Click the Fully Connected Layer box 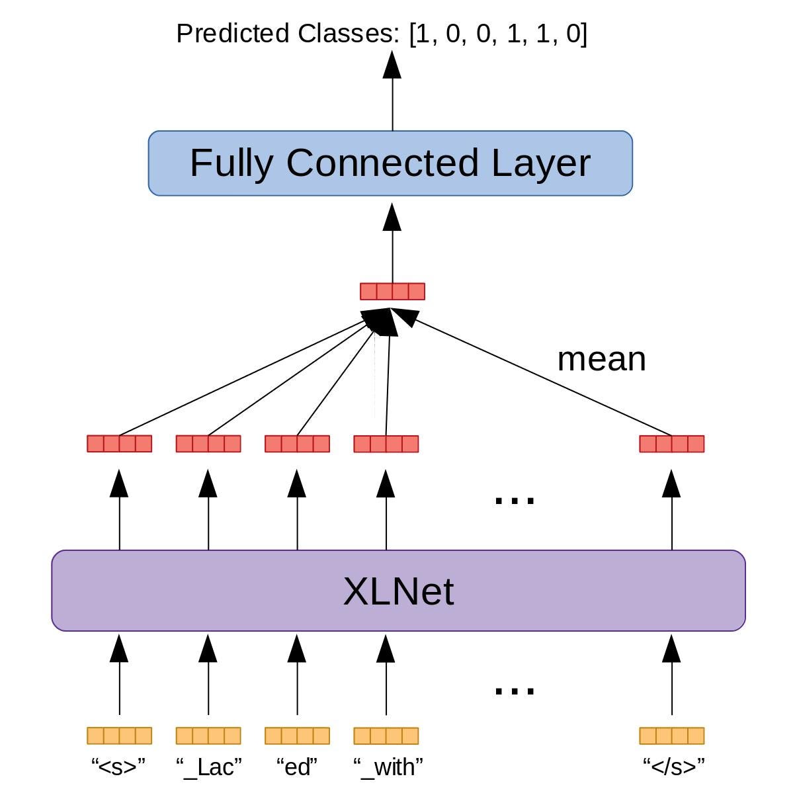pyautogui.click(x=390, y=163)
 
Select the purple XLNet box pyautogui.click(x=398, y=591)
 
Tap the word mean pyautogui.click(x=601, y=359)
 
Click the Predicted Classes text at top pyautogui.click(x=382, y=34)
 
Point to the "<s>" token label pyautogui.click(x=118, y=767)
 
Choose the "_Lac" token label pyautogui.click(x=208, y=767)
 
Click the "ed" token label pyautogui.click(x=297, y=767)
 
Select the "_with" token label pyautogui.click(x=388, y=767)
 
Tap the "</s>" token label pyautogui.click(x=673, y=767)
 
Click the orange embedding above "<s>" pyautogui.click(x=119, y=736)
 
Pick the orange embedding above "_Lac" pyautogui.click(x=208, y=736)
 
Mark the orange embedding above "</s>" pyautogui.click(x=672, y=736)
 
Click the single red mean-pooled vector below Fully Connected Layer pyautogui.click(x=392, y=291)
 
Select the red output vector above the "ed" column pyautogui.click(x=297, y=443)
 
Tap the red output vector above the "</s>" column pyautogui.click(x=672, y=443)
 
